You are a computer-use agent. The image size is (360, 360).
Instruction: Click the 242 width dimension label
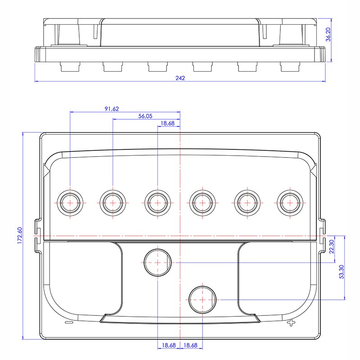pyautogui.click(x=180, y=78)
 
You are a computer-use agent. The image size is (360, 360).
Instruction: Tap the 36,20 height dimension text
pyautogui.click(x=328, y=35)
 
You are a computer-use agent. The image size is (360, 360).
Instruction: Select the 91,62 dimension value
pyautogui.click(x=112, y=109)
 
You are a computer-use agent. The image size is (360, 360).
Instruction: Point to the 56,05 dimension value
pyautogui.click(x=145, y=116)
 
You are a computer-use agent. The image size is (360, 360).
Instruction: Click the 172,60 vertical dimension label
pyautogui.click(x=20, y=235)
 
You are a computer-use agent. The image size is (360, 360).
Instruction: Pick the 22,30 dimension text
pyautogui.click(x=332, y=247)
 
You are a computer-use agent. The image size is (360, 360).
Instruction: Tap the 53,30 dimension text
pyautogui.click(x=342, y=272)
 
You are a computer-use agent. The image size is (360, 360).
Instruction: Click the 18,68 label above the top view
pyautogui.click(x=167, y=123)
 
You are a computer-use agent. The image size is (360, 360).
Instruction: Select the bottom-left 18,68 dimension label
pyautogui.click(x=169, y=345)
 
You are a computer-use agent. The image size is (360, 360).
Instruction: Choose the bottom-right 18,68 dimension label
pyautogui.click(x=190, y=345)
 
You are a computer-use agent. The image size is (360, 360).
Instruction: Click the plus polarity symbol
pyautogui.click(x=291, y=323)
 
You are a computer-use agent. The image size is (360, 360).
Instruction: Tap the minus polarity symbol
pyautogui.click(x=69, y=322)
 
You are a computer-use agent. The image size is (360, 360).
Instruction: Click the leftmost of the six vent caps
pyautogui.click(x=70, y=203)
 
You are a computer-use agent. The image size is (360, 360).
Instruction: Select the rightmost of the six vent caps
pyautogui.click(x=290, y=203)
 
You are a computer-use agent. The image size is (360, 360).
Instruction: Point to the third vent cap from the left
pyautogui.click(x=158, y=203)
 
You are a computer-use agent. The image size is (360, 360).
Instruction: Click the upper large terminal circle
pyautogui.click(x=158, y=262)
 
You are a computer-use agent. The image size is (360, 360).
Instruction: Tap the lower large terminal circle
pyautogui.click(x=202, y=300)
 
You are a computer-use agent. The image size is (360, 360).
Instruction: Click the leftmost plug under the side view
pyautogui.click(x=70, y=67)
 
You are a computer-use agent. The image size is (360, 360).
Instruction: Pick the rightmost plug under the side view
pyautogui.click(x=290, y=67)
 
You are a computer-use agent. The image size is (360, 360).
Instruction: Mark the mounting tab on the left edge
pyautogui.click(x=38, y=236)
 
